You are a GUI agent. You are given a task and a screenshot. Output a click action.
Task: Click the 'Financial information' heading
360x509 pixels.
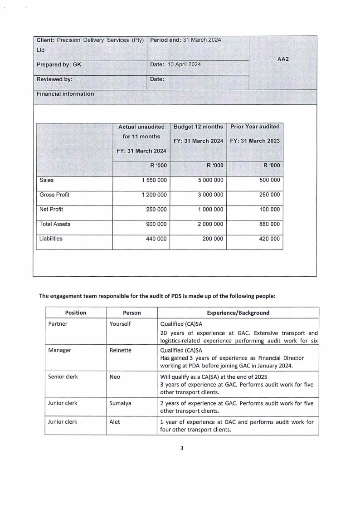(65, 94)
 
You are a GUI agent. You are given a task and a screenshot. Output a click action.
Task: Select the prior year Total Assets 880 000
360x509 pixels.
(269, 224)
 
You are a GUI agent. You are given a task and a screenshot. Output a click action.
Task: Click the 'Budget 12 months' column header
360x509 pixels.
(198, 127)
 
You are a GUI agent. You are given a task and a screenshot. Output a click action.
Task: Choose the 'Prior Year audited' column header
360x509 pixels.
(255, 127)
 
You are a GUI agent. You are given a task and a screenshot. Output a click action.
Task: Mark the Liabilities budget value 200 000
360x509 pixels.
(213, 239)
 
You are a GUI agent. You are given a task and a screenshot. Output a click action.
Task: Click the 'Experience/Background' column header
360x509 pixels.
(238, 313)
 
